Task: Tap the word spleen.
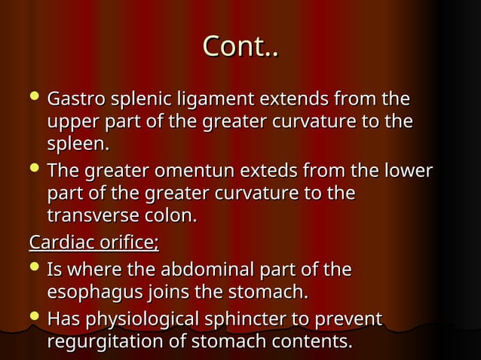(78, 143)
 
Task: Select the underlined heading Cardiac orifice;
(93, 243)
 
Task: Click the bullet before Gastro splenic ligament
(35, 98)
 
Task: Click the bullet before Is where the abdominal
(35, 268)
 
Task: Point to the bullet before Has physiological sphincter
(35, 318)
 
